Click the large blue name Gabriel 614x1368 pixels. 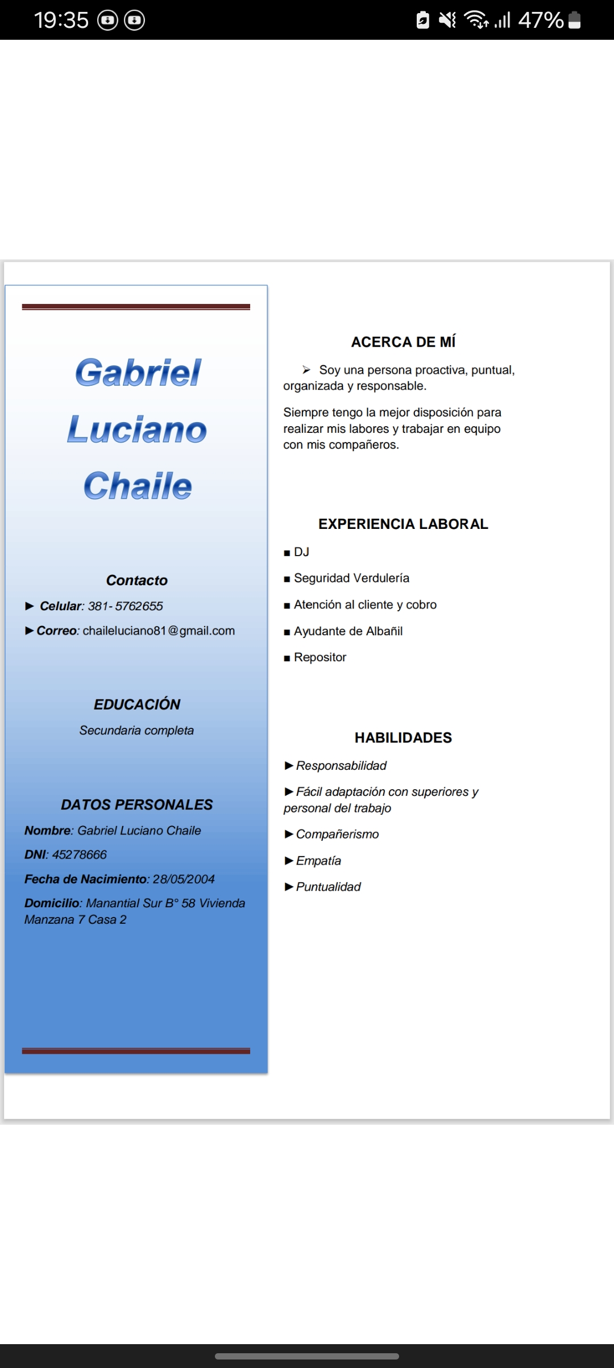click(138, 373)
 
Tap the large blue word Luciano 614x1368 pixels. click(137, 429)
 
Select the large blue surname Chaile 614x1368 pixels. click(138, 486)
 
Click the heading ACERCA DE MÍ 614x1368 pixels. click(403, 342)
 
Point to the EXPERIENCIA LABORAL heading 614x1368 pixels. click(403, 524)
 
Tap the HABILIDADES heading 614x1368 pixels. click(403, 737)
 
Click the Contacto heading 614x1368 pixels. click(137, 580)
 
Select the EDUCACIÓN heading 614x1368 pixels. click(137, 704)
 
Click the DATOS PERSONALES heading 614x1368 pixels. click(137, 804)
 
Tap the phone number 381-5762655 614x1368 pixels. click(125, 606)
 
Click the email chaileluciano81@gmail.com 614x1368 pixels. click(159, 631)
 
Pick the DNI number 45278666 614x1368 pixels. click(79, 854)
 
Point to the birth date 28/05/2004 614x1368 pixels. click(184, 879)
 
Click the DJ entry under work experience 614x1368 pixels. click(301, 552)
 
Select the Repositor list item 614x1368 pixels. click(320, 657)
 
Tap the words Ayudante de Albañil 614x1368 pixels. click(348, 631)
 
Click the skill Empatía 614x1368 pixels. click(318, 861)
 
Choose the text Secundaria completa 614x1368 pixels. click(136, 730)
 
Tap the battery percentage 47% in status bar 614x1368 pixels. click(541, 20)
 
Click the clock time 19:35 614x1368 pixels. click(61, 20)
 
